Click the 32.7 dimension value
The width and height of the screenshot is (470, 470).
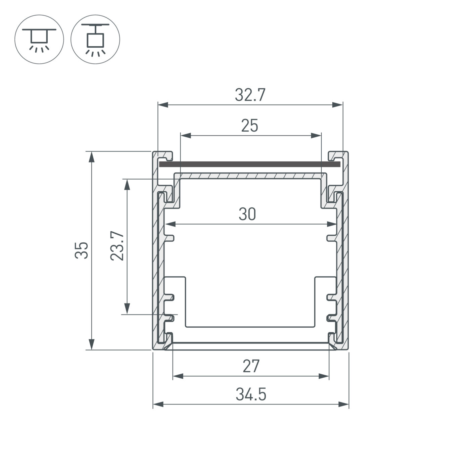[250, 95]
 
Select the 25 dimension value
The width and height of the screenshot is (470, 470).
[250, 126]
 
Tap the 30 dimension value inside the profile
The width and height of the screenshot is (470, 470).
[247, 214]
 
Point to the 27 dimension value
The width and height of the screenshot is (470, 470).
[251, 366]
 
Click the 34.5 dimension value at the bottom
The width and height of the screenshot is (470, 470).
[251, 394]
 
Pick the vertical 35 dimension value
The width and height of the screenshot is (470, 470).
[82, 250]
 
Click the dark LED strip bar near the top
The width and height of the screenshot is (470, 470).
[250, 164]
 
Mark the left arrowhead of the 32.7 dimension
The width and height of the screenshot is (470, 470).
[162, 105]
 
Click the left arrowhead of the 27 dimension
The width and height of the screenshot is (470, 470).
[178, 376]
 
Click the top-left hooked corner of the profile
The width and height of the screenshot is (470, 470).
[163, 156]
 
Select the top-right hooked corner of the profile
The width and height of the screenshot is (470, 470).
[338, 156]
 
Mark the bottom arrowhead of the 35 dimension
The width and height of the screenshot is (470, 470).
[91, 344]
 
